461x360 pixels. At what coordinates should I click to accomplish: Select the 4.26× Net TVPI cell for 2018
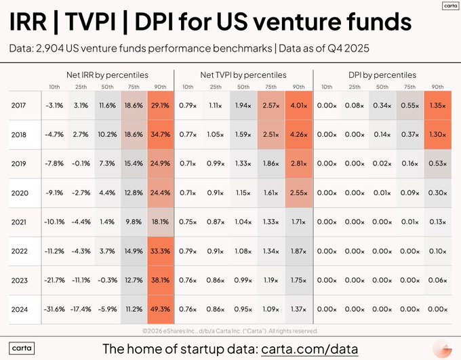[298, 135]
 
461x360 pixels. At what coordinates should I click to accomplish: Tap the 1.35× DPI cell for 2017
[437, 106]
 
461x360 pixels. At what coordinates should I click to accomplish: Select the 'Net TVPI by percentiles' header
[243, 75]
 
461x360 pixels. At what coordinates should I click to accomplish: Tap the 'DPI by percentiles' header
[382, 75]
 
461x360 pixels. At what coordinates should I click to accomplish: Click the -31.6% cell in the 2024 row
[54, 310]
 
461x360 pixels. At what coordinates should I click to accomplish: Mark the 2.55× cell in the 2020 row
[298, 193]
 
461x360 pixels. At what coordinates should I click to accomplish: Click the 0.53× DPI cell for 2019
[437, 164]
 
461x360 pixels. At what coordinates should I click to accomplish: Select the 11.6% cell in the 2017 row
[106, 106]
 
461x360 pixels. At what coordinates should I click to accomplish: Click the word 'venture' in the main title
[295, 22]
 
